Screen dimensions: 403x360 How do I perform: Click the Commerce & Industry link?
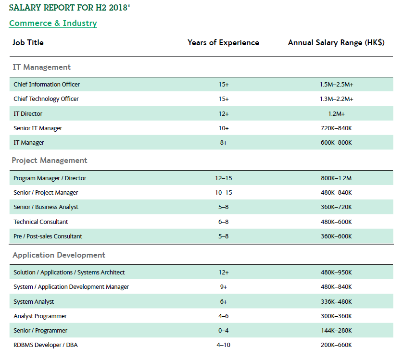click(x=53, y=23)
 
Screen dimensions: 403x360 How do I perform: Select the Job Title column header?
click(x=28, y=42)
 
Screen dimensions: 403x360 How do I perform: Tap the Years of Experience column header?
click(x=223, y=42)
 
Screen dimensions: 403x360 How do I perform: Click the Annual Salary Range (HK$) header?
click(x=336, y=42)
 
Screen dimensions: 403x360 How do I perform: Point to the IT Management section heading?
click(x=42, y=67)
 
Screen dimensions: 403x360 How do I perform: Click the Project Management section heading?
click(x=50, y=161)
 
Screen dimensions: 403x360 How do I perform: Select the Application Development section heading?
click(x=59, y=255)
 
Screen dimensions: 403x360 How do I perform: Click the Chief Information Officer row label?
click(x=47, y=84)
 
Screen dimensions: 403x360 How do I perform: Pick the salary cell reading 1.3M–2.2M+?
click(x=336, y=99)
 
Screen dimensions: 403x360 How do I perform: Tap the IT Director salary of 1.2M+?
click(x=336, y=114)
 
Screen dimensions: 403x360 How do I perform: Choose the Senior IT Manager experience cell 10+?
click(x=223, y=128)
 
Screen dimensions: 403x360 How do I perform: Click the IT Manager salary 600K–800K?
click(x=336, y=143)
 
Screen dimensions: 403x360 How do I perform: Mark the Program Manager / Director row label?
click(x=50, y=178)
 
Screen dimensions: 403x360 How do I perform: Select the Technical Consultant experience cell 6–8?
click(x=223, y=222)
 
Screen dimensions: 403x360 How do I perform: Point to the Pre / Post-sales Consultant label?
click(x=48, y=236)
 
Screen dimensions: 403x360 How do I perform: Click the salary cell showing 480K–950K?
click(x=336, y=273)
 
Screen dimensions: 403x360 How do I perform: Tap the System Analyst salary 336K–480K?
click(x=336, y=302)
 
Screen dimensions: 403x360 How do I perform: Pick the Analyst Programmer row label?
click(x=40, y=316)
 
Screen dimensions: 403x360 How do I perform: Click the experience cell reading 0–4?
click(x=223, y=331)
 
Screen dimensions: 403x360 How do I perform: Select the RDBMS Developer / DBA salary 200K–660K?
click(x=336, y=345)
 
